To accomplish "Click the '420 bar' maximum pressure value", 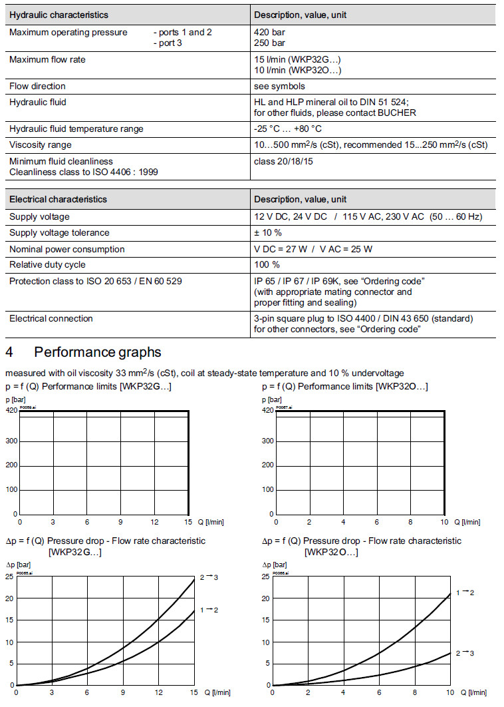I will click(269, 32).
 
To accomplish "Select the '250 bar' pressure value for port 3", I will click(269, 43).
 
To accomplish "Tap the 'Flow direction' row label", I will click(37, 86).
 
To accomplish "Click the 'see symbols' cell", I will click(279, 86).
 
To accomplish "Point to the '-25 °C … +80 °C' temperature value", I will click(288, 128).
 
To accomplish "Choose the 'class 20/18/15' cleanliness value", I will click(284, 161).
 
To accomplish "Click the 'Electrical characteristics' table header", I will click(58, 199).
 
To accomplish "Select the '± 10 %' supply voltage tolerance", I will click(268, 233).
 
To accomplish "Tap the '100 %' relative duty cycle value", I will click(267, 265).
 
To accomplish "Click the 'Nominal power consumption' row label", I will click(67, 249).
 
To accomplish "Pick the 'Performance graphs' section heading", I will click(97, 352).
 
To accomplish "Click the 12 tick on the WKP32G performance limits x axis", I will click(154, 522).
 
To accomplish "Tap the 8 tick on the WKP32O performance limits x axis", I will click(411, 523).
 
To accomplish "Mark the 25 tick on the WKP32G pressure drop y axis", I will click(9, 577).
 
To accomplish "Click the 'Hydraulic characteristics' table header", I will click(59, 15).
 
